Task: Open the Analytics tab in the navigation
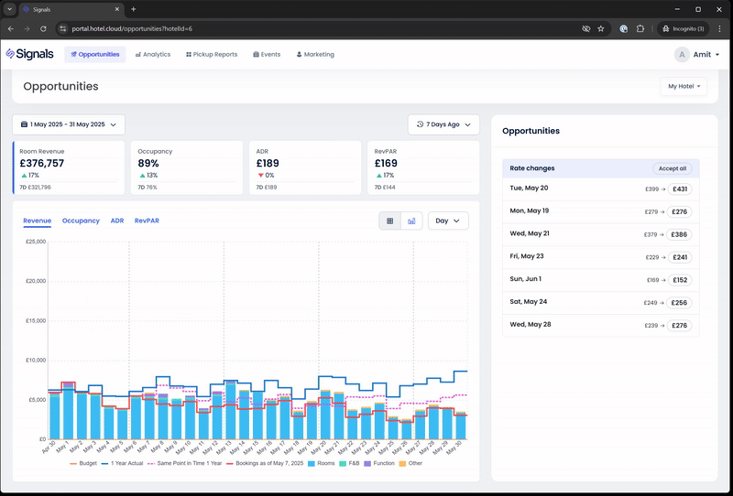point(153,55)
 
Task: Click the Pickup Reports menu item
point(212,55)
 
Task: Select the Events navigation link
point(267,55)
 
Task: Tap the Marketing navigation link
point(315,55)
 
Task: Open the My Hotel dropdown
point(684,87)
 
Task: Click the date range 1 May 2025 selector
point(69,124)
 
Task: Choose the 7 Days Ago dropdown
point(443,124)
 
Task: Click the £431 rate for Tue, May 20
point(680,189)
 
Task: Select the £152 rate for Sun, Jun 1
point(680,280)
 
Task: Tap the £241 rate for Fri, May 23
point(680,257)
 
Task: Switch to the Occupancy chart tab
point(81,221)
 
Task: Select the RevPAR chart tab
point(147,221)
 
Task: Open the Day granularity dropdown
point(448,221)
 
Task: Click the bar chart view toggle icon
point(412,221)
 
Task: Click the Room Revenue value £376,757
point(43,163)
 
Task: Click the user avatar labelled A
point(682,55)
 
